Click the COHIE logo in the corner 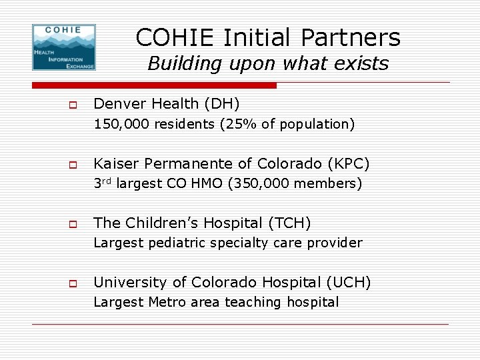64,47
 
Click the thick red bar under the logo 154,85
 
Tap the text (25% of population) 287,124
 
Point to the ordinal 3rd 102,183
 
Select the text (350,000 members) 295,183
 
